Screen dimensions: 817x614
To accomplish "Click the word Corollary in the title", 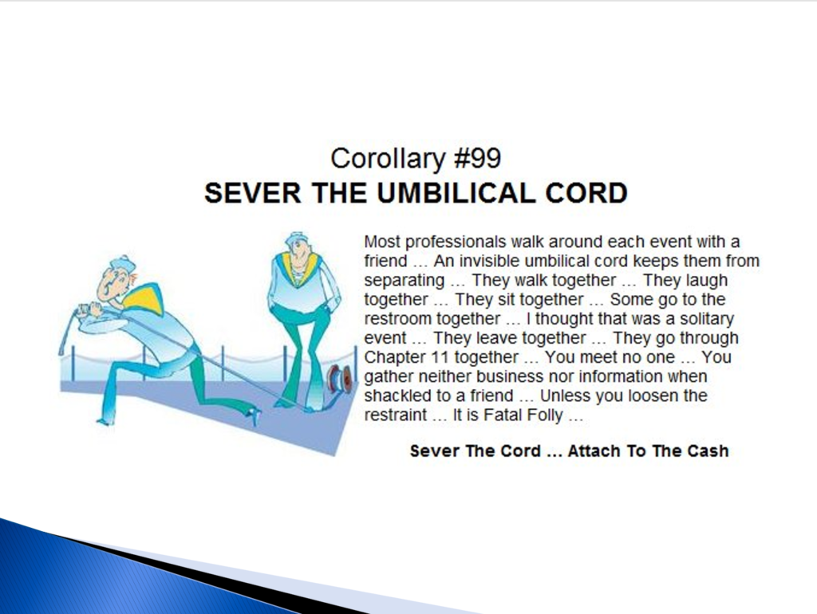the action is tap(389, 159).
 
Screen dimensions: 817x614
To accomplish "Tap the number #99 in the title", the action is tap(478, 158).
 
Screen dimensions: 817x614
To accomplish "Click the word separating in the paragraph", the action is tap(405, 281).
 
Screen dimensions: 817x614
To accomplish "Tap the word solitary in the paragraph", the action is tap(707, 319).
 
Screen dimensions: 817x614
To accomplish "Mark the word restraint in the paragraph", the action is tap(396, 415).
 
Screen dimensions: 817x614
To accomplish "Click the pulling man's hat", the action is tap(121, 265).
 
